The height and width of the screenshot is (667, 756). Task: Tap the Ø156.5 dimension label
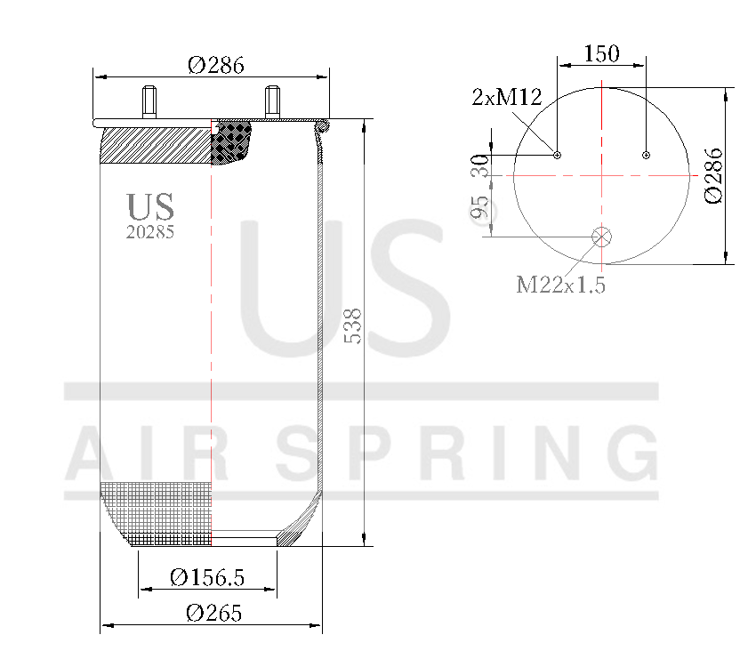click(x=206, y=578)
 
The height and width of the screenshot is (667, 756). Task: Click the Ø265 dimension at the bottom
click(x=213, y=614)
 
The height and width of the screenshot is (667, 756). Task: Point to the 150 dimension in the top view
click(x=601, y=53)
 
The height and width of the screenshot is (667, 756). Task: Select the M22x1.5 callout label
click(x=560, y=285)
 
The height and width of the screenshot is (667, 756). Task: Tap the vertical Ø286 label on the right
click(x=714, y=175)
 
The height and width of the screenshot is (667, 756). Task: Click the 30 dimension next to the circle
click(x=479, y=165)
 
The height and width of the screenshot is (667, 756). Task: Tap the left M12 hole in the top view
click(x=558, y=155)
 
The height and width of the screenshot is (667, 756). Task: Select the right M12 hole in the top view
click(x=646, y=155)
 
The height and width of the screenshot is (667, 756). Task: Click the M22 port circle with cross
click(x=602, y=237)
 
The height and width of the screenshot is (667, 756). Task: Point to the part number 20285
click(x=149, y=232)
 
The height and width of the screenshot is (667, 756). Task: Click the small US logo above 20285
click(x=150, y=206)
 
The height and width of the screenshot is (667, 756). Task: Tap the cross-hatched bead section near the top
click(x=233, y=142)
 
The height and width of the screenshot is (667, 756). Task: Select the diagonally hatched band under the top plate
click(x=156, y=145)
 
